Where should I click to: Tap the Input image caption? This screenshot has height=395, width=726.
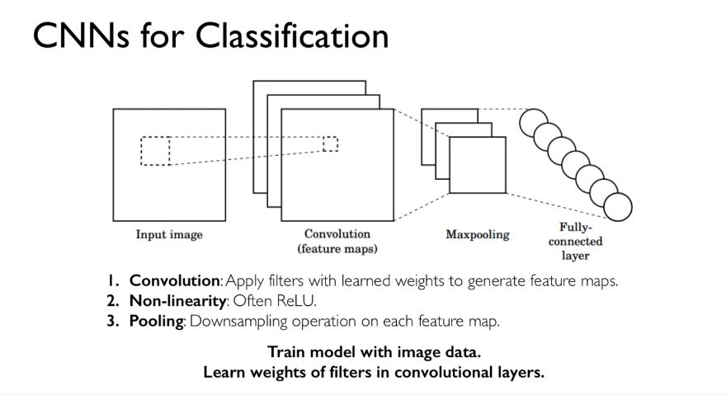coord(169,235)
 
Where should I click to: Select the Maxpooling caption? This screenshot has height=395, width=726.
coord(478,234)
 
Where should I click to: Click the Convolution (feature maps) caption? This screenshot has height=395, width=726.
coord(337,241)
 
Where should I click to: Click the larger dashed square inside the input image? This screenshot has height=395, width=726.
coord(155,151)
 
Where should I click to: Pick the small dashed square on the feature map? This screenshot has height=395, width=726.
coord(330,144)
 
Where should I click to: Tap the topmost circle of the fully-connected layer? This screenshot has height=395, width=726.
coord(533,123)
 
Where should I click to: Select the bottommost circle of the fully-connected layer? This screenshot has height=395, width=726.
coord(618,205)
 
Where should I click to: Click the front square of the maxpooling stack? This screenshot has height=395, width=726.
coord(477,165)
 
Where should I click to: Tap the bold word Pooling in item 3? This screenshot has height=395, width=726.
coord(157,320)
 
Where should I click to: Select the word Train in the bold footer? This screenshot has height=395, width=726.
coord(285,352)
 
